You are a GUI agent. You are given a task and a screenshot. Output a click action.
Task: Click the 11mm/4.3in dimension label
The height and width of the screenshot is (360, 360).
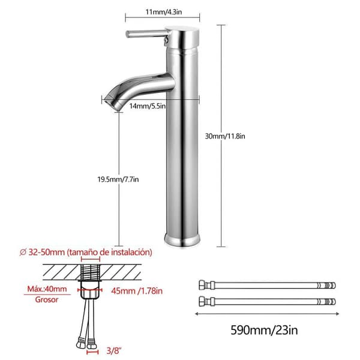pyautogui.click(x=164, y=12)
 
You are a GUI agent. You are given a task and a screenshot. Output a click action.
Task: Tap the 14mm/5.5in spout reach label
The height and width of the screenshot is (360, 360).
pyautogui.click(x=148, y=106)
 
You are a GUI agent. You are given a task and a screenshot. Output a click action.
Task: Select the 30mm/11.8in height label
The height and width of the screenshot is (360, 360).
pyautogui.click(x=225, y=136)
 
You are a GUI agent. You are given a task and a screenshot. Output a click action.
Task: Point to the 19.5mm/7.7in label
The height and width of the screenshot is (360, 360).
pyautogui.click(x=118, y=179)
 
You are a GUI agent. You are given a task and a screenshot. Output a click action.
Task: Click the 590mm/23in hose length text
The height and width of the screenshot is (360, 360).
pyautogui.click(x=264, y=330)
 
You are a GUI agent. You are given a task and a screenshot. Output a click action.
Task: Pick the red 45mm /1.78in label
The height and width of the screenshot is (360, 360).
pyautogui.click(x=137, y=291)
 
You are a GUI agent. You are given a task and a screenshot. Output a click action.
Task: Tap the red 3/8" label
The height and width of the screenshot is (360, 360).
pyautogui.click(x=113, y=350)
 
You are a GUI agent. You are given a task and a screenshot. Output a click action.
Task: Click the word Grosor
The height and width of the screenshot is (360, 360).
pyautogui.click(x=47, y=299)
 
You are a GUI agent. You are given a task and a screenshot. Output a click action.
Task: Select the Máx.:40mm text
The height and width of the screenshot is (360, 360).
pyautogui.click(x=47, y=289)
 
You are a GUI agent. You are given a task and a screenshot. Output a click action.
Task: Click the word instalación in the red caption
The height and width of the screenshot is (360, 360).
pyautogui.click(x=131, y=252)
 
